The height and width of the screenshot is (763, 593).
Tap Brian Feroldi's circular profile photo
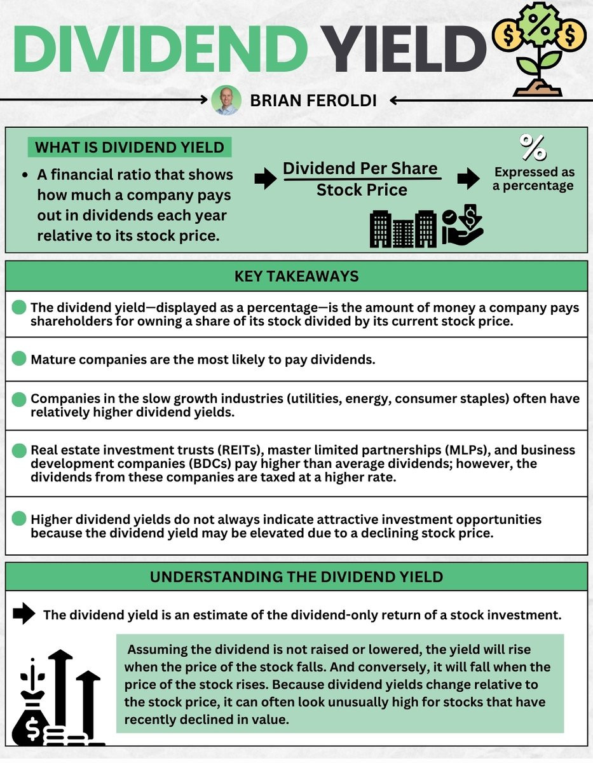pos(227,100)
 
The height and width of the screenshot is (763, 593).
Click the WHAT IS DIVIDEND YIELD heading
pos(129,148)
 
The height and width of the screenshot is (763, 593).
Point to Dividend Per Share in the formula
pos(360,168)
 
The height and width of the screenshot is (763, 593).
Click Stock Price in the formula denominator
pos(362,189)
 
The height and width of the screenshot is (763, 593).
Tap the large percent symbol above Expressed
pos(533,148)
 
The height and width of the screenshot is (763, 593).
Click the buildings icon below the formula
pos(404,228)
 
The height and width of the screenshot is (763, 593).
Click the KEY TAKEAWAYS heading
pos(296,276)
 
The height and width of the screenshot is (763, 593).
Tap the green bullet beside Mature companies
pos(19,359)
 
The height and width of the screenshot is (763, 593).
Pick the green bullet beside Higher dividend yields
pos(19,519)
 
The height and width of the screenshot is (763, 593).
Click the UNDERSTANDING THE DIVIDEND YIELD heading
pos(296,577)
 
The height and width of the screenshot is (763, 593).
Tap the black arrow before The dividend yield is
pos(24,614)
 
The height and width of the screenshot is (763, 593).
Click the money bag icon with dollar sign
pos(31,712)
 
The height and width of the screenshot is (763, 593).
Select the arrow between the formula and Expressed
pos(468,180)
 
